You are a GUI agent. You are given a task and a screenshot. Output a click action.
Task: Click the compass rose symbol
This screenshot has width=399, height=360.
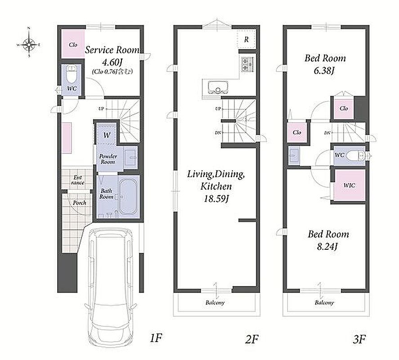pos(29,44)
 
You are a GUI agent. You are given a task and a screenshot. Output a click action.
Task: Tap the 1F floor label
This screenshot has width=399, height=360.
pos(156,338)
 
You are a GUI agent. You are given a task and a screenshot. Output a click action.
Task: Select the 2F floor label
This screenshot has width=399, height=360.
pos(251,339)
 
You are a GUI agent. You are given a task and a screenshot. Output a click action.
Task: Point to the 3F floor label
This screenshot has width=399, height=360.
pos(359,339)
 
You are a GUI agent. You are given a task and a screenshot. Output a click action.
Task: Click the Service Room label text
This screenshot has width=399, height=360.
pos(112,50)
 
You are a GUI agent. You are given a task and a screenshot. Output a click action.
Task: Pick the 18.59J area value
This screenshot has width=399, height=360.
pos(216,198)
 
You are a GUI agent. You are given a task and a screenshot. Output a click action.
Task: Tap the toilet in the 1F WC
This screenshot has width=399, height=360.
pos(71,74)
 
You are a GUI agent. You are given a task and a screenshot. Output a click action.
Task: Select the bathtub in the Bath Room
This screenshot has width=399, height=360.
pos(129,197)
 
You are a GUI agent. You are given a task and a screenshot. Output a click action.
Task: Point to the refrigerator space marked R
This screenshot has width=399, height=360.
pos(246,39)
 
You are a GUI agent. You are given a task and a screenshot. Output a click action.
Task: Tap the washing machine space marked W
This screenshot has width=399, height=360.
pos(107,135)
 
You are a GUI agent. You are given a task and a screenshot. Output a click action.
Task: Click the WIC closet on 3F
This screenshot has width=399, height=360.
pos(350,185)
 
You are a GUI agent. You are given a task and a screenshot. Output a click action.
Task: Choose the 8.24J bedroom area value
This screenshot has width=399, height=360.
pos(327,247)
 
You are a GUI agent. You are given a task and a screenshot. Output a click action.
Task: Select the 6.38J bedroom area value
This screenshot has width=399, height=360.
pos(324,70)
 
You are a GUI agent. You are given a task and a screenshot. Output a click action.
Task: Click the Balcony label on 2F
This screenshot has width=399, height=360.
pos(215,303)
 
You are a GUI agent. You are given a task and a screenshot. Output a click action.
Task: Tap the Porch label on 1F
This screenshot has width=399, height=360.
pos(79,203)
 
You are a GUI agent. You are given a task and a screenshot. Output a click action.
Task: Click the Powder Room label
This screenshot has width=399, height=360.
pos(108,159)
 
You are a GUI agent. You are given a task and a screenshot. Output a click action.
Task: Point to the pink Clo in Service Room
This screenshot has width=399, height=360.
pos(73,44)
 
